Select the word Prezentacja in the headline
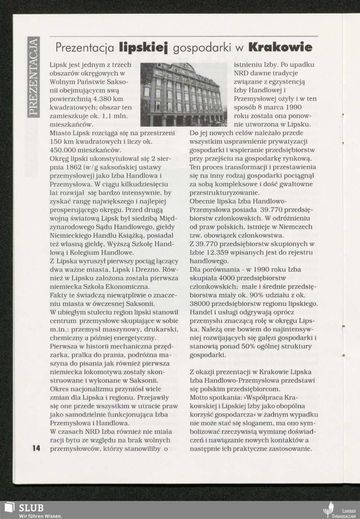coord(85,48)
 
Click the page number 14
coord(36,448)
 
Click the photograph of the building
coord(184,94)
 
